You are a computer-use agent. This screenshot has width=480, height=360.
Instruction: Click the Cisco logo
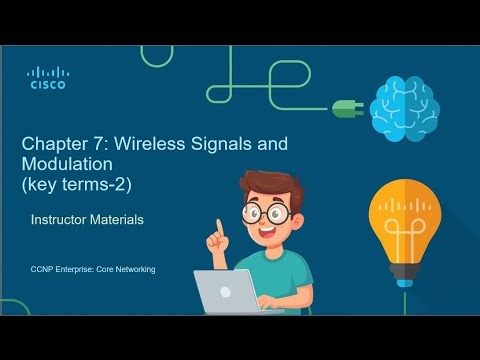pos(46,78)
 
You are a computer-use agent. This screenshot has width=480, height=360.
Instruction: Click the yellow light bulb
pos(405,220)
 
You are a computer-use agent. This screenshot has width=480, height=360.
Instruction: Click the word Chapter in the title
pos(53,143)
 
